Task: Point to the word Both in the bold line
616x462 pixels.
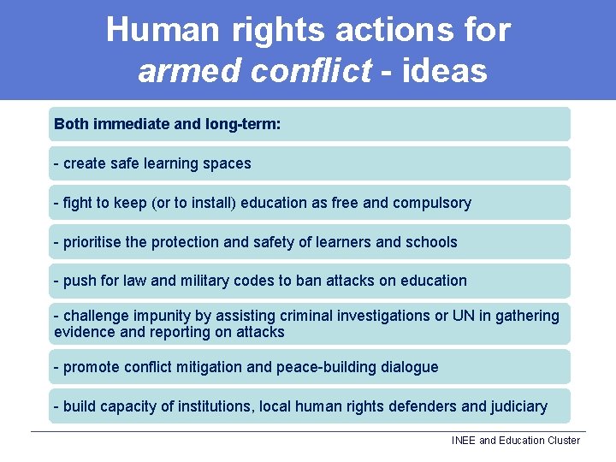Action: point(71,124)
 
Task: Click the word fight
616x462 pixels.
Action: point(77,203)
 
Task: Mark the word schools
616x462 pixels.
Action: point(430,242)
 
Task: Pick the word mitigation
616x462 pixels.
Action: point(209,367)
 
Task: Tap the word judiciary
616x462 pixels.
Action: point(519,406)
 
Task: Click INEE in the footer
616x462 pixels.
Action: point(464,441)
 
